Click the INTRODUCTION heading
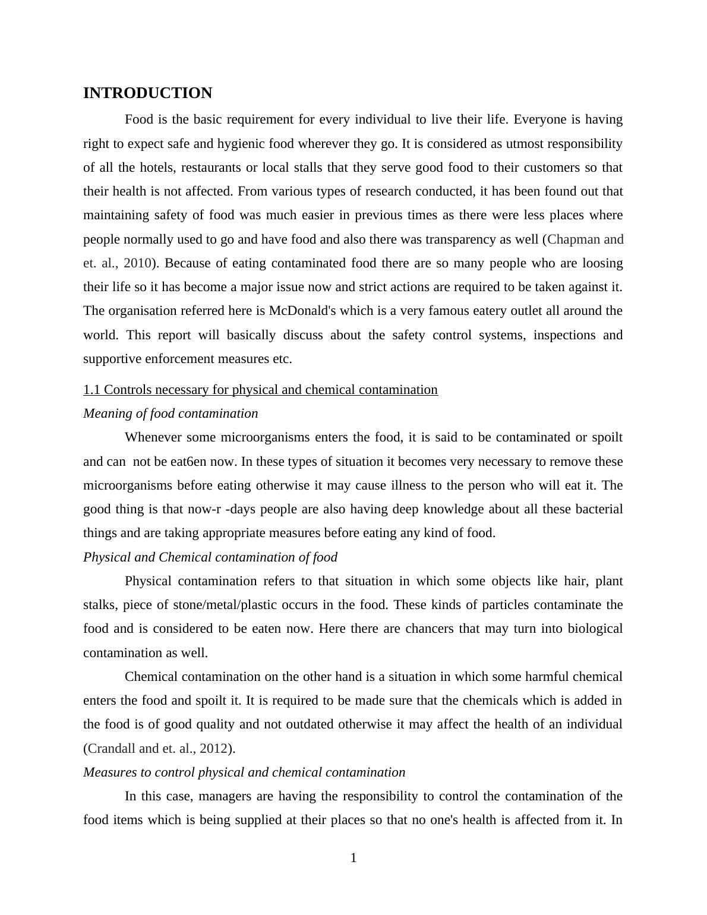pyautogui.click(x=147, y=93)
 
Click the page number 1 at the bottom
pyautogui.click(x=353, y=858)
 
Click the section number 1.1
pyautogui.click(x=91, y=390)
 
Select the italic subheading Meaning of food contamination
pyautogui.click(x=171, y=414)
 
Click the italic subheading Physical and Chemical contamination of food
pyautogui.click(x=210, y=557)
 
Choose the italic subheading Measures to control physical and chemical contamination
pyautogui.click(x=244, y=772)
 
